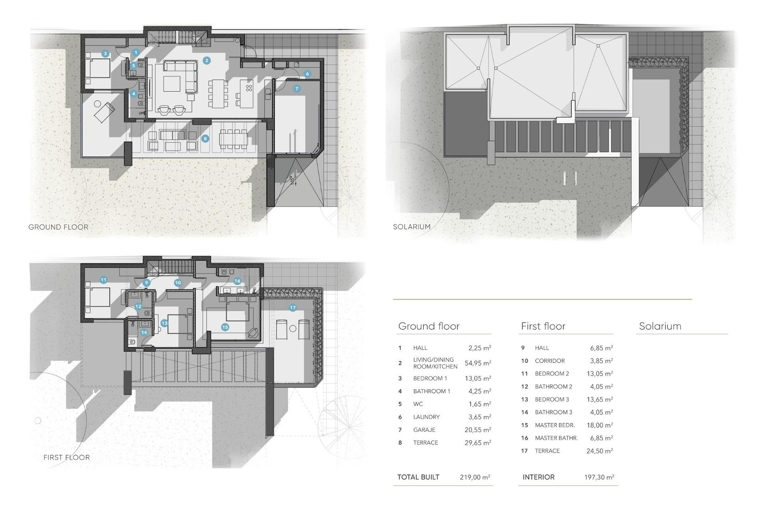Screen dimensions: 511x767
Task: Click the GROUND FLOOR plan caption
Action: [x=58, y=227]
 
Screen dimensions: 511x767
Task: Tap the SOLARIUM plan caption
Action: [x=412, y=227]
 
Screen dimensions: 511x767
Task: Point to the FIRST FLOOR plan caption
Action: [x=67, y=458]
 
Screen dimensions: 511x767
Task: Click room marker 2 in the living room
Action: [x=207, y=61]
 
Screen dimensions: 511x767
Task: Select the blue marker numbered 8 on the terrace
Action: [x=205, y=139]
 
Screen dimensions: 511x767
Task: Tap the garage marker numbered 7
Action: [x=296, y=89]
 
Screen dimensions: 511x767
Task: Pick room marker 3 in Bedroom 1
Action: [x=105, y=53]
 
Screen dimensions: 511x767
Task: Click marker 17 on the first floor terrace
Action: [x=293, y=308]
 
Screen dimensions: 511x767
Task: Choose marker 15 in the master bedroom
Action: [x=225, y=327]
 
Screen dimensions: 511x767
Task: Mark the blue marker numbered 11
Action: [x=103, y=280]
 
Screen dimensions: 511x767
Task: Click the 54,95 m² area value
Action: [x=478, y=363]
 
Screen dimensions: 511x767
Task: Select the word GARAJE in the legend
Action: [x=424, y=430]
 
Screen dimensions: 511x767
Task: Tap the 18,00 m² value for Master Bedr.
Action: [x=600, y=425]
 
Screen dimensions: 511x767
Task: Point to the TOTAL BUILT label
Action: [x=418, y=477]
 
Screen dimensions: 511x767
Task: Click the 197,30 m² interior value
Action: [x=599, y=477]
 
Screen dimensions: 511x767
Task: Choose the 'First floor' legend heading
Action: [x=543, y=326]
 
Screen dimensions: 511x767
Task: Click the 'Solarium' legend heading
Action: [x=660, y=326]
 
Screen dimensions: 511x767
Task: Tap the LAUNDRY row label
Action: [x=426, y=417]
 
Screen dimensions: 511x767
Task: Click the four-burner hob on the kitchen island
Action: [x=249, y=88]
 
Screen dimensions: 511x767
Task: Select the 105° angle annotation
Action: [x=293, y=180]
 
